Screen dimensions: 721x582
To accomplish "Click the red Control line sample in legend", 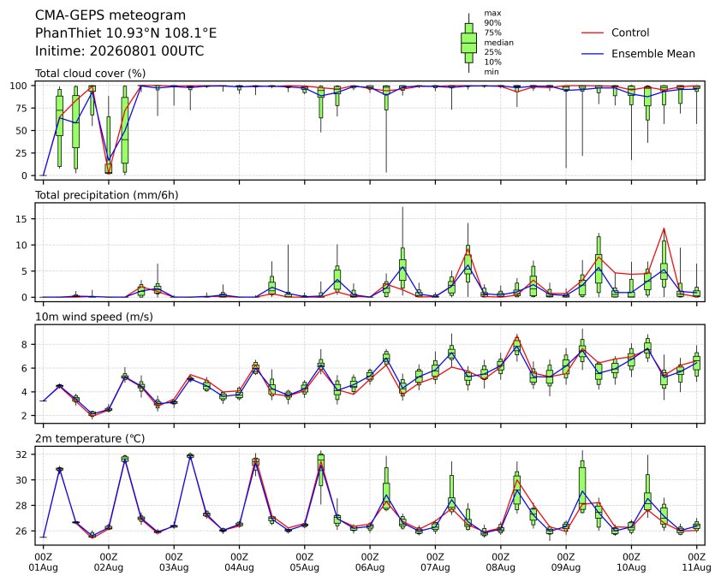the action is point(593,33).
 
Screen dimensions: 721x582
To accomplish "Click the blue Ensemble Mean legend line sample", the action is point(593,54).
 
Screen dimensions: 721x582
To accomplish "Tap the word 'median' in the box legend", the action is point(498,42).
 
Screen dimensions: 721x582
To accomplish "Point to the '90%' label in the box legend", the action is point(492,22).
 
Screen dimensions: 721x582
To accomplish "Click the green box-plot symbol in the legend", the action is point(468,43).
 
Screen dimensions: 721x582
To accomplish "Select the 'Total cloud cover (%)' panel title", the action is point(90,74).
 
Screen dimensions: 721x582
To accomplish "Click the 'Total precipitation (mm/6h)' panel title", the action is point(107,195).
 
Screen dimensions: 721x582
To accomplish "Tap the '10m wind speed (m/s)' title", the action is point(94,317).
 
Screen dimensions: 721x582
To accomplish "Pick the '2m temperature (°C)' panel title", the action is point(90,438).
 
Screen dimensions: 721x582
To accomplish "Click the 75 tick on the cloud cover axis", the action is point(21,108).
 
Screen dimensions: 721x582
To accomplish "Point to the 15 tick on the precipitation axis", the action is point(21,219).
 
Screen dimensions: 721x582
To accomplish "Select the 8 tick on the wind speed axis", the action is point(25,344).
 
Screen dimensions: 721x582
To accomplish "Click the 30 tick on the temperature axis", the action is point(21,480).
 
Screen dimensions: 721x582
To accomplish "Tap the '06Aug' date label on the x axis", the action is point(370,567).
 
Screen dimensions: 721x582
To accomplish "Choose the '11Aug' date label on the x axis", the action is point(696,567).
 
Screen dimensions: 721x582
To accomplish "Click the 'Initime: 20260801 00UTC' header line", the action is point(120,50).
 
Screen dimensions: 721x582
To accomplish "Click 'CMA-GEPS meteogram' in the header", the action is point(110,15).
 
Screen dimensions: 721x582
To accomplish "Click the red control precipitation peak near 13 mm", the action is point(664,229).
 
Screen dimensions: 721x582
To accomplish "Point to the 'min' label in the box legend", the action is point(492,72).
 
